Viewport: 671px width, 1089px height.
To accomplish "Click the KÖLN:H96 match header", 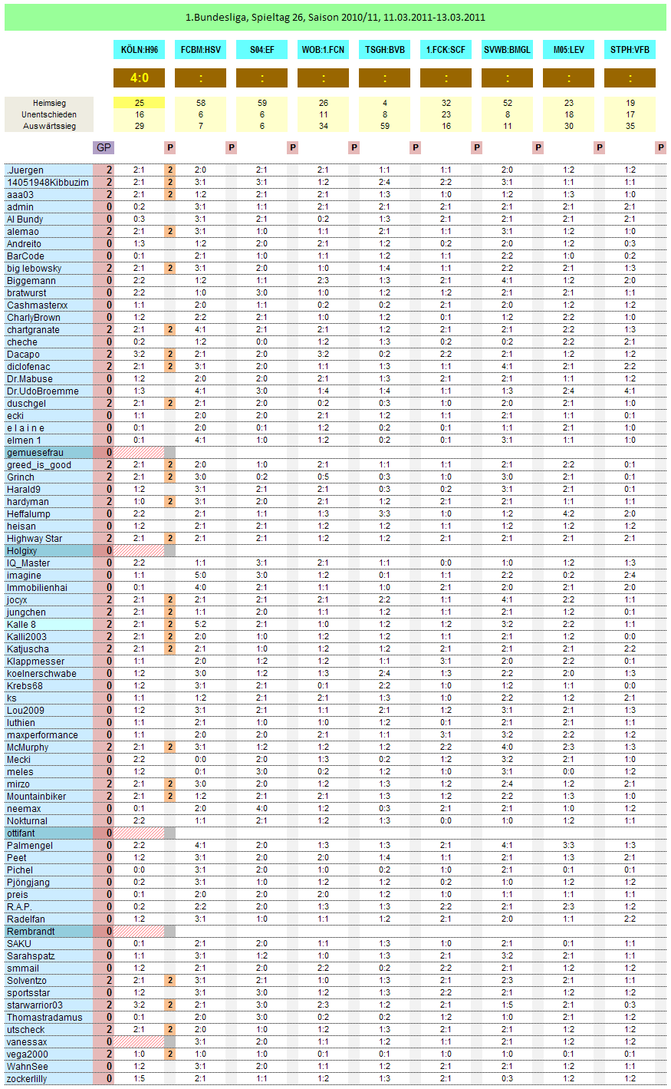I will tap(139, 50).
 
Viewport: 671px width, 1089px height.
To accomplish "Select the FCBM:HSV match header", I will tap(200, 50).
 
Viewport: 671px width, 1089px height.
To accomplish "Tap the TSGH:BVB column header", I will tap(385, 50).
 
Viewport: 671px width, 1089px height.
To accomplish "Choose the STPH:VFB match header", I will tap(630, 50).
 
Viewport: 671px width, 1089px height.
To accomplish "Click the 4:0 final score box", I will tap(139, 78).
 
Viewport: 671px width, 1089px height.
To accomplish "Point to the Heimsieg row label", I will tap(49, 102).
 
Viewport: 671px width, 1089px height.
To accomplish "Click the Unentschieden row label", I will tap(49, 114).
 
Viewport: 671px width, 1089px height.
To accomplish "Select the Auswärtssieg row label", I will tap(49, 125).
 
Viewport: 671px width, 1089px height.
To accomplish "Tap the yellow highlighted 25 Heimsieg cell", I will tap(139, 102).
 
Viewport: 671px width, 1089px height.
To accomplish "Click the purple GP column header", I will tap(104, 147).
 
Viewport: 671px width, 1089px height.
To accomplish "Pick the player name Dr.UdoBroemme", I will tap(43, 391).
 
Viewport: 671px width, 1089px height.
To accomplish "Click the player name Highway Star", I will tap(35, 539).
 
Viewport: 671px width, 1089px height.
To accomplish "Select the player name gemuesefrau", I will tap(35, 453).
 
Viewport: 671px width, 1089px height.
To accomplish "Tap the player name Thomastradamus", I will tap(44, 1018).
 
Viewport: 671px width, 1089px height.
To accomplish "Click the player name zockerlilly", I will tap(27, 1079).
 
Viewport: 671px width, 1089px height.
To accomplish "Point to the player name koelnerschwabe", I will tap(42, 674).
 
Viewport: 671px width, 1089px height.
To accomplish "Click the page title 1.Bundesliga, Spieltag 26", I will tap(335, 17).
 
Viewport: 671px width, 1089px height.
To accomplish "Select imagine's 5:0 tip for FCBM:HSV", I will tap(200, 576).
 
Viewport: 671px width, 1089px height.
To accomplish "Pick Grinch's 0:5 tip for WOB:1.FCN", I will tap(324, 477).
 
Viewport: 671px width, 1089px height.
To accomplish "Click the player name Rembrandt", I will tap(31, 932).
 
